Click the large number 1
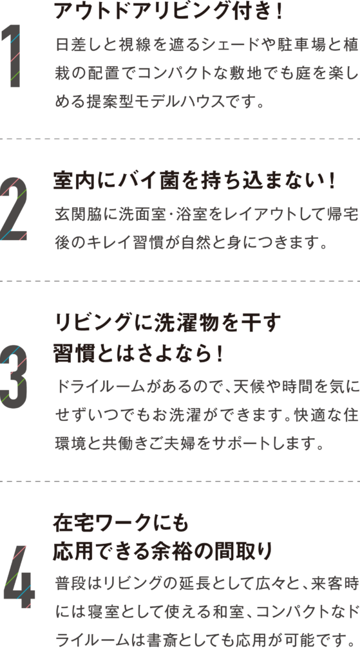click(12, 56)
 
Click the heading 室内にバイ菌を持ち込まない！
click(194, 181)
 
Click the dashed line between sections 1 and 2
click(180, 139)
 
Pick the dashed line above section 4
click(180, 481)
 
